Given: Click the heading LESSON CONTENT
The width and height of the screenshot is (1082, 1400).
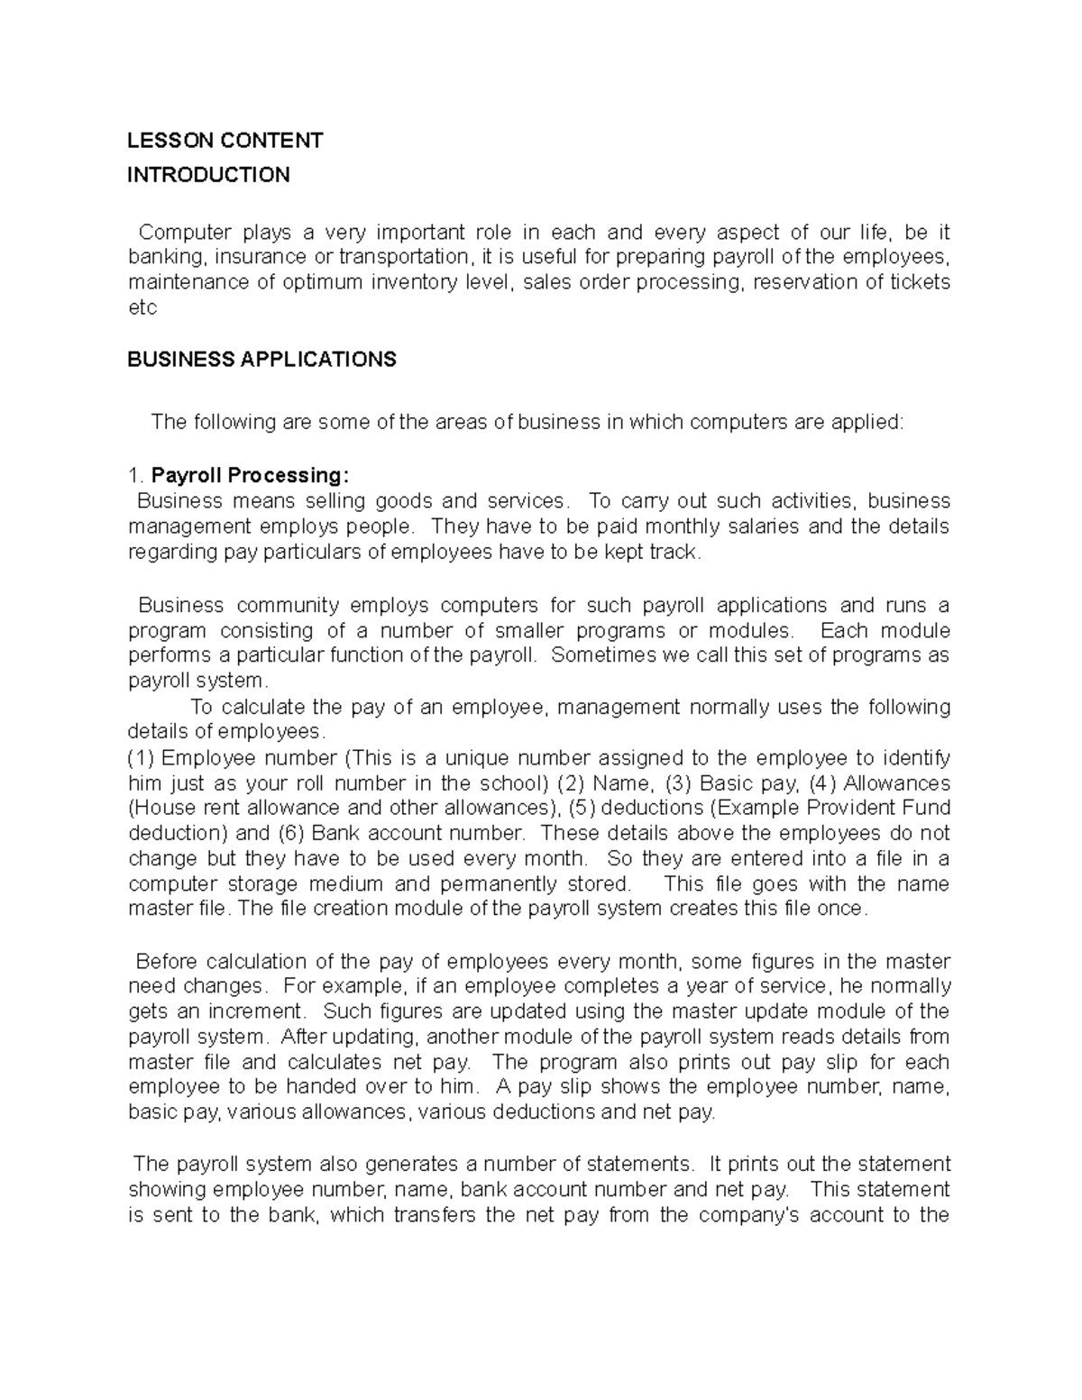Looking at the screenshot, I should click(225, 141).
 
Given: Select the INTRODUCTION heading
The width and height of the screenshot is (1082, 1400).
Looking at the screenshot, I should click(208, 175).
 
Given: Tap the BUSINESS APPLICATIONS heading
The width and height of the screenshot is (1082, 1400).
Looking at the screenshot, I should click(261, 360).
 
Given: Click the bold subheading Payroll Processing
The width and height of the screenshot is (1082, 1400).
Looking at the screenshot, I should click(249, 475).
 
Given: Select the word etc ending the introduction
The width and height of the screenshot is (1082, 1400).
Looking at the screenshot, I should click(142, 307).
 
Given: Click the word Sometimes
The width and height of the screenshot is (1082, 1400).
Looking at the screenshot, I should click(605, 655).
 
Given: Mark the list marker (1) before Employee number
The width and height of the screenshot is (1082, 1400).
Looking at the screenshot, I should click(142, 757).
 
